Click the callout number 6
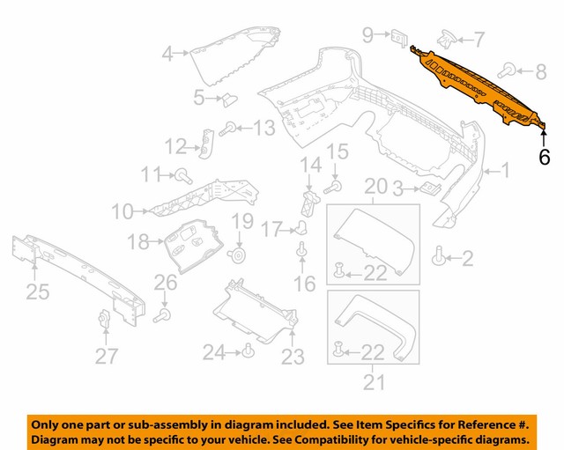coord(544,158)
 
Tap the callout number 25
coord(37,291)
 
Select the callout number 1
coord(506,171)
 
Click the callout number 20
coord(375,187)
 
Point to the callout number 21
coord(374,382)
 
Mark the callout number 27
coord(107,357)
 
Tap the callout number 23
coord(293,357)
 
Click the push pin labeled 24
coord(248,352)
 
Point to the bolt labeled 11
coord(184,173)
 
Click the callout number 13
coord(263,129)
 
